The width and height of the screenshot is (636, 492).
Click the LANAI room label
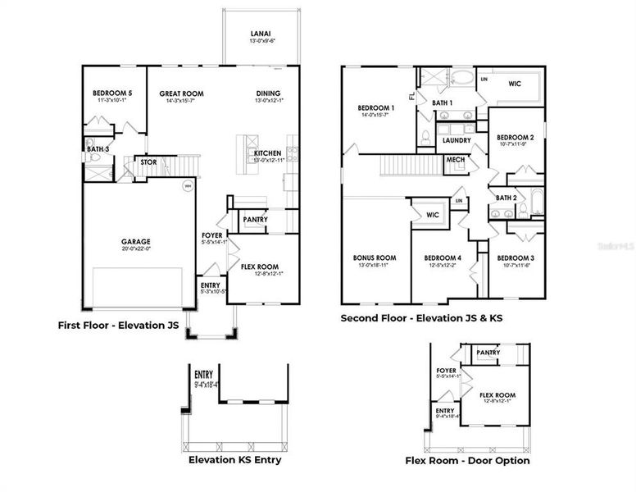(261, 34)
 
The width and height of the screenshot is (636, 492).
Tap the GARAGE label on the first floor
(136, 242)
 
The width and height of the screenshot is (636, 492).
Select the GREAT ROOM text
(181, 94)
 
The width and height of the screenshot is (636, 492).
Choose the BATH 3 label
(97, 149)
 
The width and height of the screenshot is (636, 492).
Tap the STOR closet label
(148, 162)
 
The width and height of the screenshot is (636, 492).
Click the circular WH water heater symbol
(187, 185)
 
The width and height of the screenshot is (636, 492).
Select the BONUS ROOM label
(375, 257)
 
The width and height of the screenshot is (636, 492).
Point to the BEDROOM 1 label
(376, 108)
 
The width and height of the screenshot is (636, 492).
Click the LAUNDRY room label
(456, 140)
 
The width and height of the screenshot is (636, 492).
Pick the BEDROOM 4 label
(443, 257)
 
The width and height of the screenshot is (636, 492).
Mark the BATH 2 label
(506, 198)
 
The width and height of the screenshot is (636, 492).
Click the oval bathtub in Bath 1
(461, 80)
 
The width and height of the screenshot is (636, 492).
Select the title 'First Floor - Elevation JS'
(118, 325)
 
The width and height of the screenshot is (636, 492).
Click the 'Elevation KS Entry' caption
(234, 459)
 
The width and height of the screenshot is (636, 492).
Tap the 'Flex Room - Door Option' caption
(467, 460)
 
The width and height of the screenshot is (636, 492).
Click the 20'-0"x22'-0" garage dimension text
(136, 250)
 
